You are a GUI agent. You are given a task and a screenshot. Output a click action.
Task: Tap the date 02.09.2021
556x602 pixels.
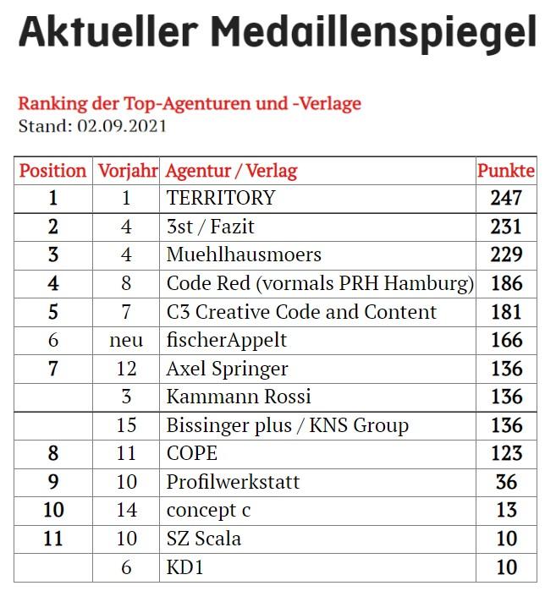122,126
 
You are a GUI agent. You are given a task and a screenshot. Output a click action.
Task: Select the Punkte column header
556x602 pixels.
506,171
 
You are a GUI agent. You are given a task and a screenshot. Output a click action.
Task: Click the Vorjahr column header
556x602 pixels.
128,172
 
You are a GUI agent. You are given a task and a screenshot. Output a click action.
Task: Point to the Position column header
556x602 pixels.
53,171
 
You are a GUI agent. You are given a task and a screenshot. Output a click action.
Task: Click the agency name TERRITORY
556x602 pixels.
221,198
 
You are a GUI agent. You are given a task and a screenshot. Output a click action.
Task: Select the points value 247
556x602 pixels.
506,198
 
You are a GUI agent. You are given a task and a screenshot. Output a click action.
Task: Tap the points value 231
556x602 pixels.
506,227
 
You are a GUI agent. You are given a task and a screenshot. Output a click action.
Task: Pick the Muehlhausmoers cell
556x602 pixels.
244,254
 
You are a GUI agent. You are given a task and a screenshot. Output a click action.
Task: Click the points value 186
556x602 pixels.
507,283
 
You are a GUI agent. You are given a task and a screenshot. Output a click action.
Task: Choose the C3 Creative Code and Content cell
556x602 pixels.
301,312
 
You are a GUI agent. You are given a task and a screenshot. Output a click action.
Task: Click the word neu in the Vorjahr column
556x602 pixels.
126,341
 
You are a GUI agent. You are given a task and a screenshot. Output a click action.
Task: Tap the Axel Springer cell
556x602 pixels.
227,369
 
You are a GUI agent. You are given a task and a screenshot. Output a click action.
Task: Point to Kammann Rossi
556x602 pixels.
239,397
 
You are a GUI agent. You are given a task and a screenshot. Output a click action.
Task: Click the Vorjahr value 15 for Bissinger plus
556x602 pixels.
126,425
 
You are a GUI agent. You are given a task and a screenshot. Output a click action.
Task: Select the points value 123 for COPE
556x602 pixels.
507,453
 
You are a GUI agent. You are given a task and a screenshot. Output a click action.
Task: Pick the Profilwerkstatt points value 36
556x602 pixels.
507,482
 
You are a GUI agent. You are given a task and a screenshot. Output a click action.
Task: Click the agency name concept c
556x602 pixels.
209,511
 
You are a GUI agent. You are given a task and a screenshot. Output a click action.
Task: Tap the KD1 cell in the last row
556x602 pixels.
184,567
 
